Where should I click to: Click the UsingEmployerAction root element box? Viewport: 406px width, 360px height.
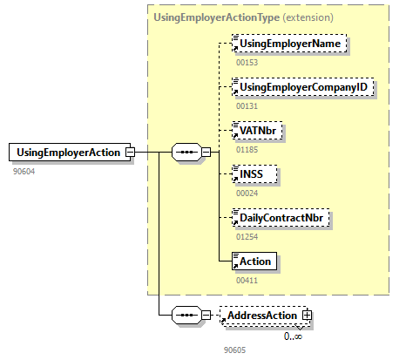(x=67, y=153)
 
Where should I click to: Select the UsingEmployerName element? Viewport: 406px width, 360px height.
(x=290, y=44)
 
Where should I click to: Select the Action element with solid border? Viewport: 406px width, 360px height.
(x=256, y=261)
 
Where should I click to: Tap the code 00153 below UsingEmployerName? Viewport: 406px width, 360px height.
(x=247, y=63)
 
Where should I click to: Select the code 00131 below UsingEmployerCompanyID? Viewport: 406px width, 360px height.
(x=247, y=106)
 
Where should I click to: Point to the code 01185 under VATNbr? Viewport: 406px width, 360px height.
(x=247, y=150)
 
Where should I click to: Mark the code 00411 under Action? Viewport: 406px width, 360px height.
(x=247, y=280)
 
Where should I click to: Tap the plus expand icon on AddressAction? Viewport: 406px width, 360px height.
(x=307, y=315)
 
